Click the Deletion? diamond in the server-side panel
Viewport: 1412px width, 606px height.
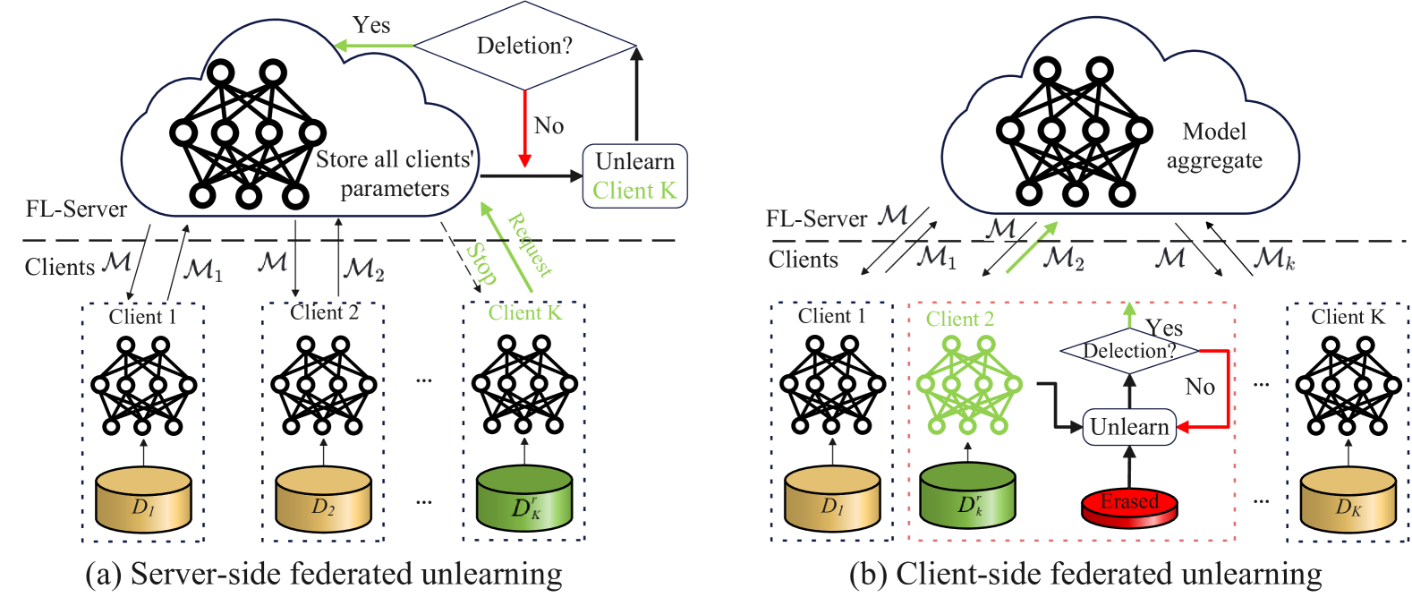(524, 46)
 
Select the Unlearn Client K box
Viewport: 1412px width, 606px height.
(634, 175)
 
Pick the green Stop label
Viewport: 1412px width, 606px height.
(481, 263)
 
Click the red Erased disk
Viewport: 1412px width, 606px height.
(1129, 507)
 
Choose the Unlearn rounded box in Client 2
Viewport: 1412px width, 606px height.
(1129, 427)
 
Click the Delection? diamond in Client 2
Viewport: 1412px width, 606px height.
(1129, 350)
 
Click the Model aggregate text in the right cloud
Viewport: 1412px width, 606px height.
(1214, 146)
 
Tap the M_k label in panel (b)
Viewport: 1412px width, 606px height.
(1273, 259)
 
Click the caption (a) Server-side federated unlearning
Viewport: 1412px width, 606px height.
(324, 574)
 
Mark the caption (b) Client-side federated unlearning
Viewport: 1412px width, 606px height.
(1085, 574)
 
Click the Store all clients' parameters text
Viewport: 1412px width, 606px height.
(395, 174)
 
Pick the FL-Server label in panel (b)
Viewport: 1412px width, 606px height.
(816, 218)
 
